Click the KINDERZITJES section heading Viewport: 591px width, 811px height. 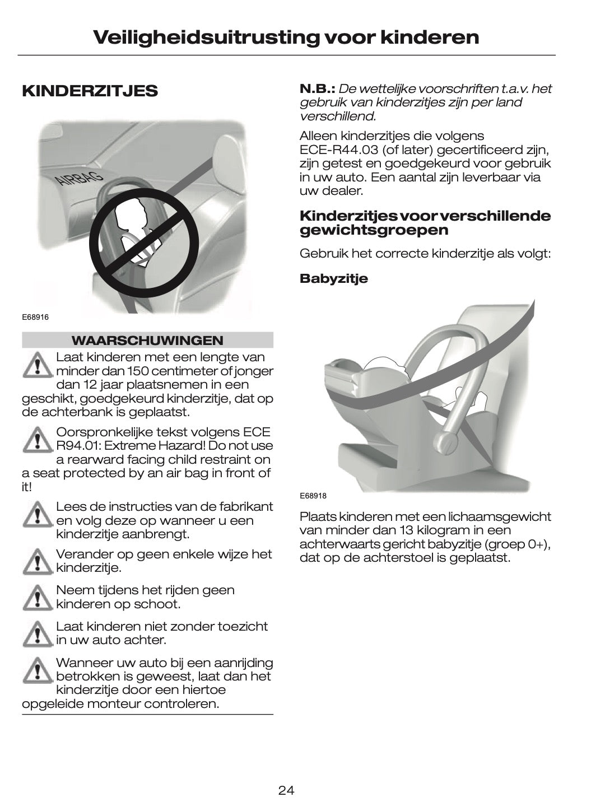pyautogui.click(x=90, y=91)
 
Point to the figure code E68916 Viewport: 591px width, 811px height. pyautogui.click(x=35, y=317)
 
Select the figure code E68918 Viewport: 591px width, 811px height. pyautogui.click(x=313, y=496)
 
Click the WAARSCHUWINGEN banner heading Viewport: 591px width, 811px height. pyautogui.click(x=147, y=341)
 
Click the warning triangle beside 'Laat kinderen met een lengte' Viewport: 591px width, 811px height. pyautogui.click(x=38, y=365)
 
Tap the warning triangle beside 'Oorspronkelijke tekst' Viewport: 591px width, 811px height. pyautogui.click(x=38, y=440)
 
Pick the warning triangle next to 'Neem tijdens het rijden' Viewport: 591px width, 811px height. pyautogui.click(x=38, y=598)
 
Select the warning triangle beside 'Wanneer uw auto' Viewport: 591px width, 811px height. pyautogui.click(x=38, y=670)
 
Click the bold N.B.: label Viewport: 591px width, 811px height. pyautogui.click(x=318, y=88)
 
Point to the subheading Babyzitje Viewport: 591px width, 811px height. pyautogui.click(x=333, y=279)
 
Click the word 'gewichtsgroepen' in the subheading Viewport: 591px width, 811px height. pyautogui.click(x=374, y=230)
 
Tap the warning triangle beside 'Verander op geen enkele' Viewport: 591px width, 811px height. pyautogui.click(x=38, y=561)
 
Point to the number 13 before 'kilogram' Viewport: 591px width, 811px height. pyautogui.click(x=407, y=530)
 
